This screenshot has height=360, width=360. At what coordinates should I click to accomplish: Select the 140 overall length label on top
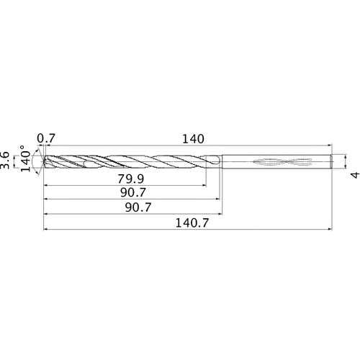[193, 138]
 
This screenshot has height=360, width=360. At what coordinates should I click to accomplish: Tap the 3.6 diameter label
[6, 160]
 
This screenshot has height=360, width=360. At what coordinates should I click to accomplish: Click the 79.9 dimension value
[127, 179]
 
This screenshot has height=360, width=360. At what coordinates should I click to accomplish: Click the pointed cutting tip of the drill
[43, 162]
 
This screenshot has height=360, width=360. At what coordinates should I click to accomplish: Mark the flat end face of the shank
[332, 162]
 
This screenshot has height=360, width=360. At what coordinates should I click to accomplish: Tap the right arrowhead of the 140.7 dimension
[330, 231]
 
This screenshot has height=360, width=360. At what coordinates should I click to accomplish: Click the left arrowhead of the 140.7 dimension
[46, 231]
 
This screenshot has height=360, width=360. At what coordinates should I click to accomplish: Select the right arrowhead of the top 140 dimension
[330, 145]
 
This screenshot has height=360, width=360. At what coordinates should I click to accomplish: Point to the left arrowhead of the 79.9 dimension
[46, 185]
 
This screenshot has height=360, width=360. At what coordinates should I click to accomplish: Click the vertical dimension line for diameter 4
[345, 162]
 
